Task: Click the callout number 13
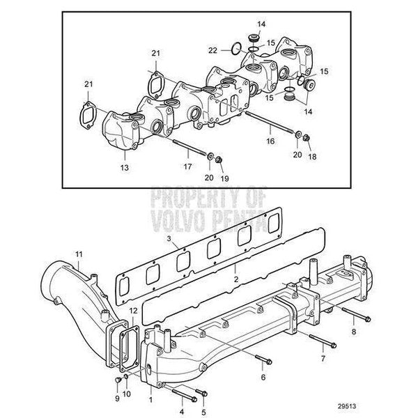(x=125, y=168)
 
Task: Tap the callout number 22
(x=212, y=50)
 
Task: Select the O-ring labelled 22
(x=236, y=49)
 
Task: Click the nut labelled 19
(x=219, y=160)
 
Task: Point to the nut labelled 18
(x=306, y=138)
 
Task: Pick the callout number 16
(x=270, y=141)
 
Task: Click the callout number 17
(x=187, y=167)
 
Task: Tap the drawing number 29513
(x=347, y=406)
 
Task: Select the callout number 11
(x=79, y=254)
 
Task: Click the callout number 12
(x=133, y=311)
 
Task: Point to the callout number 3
(x=169, y=238)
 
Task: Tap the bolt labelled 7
(x=323, y=341)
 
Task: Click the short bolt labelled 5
(x=201, y=392)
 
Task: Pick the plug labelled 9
(x=117, y=380)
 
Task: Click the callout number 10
(x=127, y=394)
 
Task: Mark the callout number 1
(x=151, y=400)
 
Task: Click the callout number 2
(x=236, y=279)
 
